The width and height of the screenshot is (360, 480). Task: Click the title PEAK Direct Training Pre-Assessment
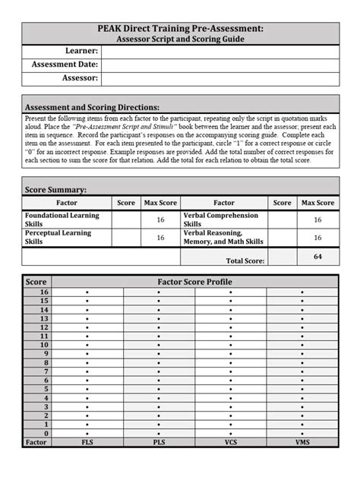[181, 28]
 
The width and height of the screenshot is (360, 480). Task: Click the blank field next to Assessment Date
[220, 65]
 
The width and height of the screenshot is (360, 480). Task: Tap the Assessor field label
[80, 77]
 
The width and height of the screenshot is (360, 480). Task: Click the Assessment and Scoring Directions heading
[93, 107]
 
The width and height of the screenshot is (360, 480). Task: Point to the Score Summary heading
[56, 189]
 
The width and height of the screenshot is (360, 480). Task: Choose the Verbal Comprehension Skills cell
[221, 220]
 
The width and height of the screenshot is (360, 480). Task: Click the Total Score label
[242, 261]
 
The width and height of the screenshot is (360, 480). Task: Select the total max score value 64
[317, 257]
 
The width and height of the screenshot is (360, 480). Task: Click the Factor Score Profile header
[195, 282]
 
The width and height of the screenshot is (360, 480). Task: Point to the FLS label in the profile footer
[87, 441]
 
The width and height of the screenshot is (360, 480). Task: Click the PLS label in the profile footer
[159, 441]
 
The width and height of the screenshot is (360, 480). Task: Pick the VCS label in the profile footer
[231, 441]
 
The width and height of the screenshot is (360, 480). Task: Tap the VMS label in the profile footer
[303, 441]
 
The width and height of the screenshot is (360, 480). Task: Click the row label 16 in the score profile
[44, 292]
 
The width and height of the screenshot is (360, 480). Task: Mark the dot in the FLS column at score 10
[87, 345]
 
